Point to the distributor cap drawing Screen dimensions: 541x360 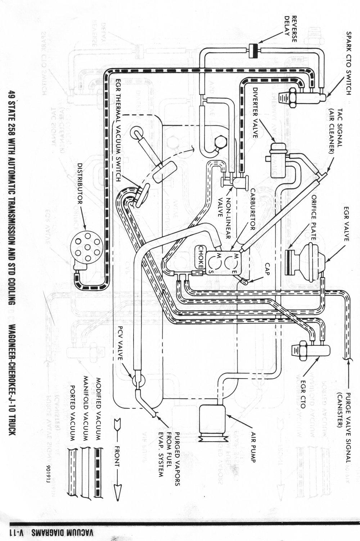[x=83, y=248]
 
